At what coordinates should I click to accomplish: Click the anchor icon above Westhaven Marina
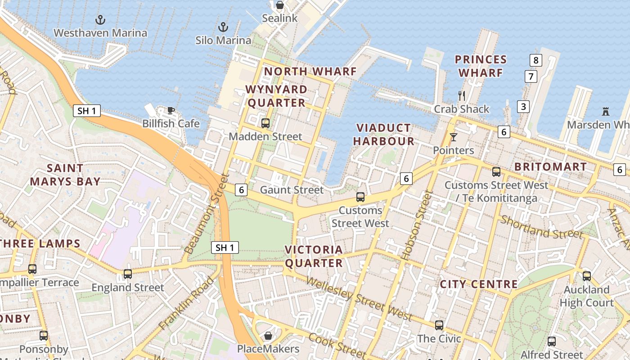[100, 19]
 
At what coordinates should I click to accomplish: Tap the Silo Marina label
[223, 40]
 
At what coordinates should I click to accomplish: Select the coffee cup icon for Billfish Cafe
[171, 110]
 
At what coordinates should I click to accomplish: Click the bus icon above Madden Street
[265, 123]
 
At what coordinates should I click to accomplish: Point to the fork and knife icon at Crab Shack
[461, 95]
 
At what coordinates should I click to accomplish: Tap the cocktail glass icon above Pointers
[453, 137]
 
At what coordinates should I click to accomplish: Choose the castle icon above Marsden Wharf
[606, 111]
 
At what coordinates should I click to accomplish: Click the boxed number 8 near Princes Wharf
[535, 60]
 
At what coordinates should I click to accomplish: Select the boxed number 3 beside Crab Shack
[523, 107]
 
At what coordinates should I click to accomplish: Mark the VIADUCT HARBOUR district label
[383, 135]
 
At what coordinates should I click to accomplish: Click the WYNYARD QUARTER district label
[277, 96]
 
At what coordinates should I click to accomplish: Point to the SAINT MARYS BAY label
[65, 175]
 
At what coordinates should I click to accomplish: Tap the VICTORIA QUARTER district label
[314, 256]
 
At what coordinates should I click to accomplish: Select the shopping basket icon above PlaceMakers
[268, 336]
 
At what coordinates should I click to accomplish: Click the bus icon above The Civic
[439, 325]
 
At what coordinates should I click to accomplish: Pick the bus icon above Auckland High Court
[586, 276]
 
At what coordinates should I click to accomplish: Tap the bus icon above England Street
[128, 274]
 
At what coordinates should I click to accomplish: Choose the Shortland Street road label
[541, 227]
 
